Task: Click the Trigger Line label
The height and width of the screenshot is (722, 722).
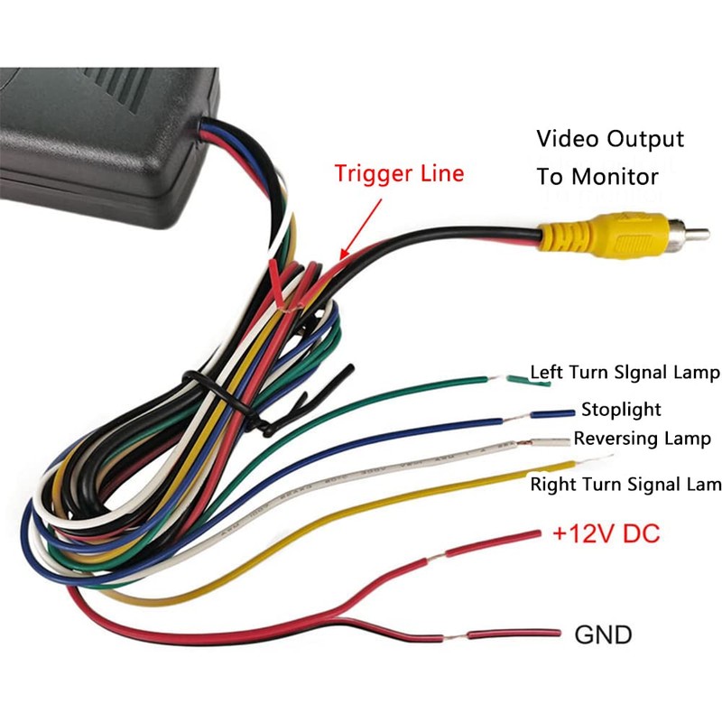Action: pos(399,173)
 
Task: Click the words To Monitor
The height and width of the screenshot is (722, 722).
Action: pos(597,176)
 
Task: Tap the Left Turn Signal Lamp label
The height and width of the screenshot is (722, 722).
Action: pos(625,372)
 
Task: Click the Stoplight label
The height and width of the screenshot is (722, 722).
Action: pos(621,410)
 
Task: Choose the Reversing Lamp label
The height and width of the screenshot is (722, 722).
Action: pos(643,439)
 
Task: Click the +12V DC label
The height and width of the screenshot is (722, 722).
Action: pos(606,533)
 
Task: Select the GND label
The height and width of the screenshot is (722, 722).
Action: pos(603,634)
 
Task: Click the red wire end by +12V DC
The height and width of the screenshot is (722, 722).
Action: pos(515,538)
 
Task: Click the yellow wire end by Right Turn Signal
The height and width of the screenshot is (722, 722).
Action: pos(513,472)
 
